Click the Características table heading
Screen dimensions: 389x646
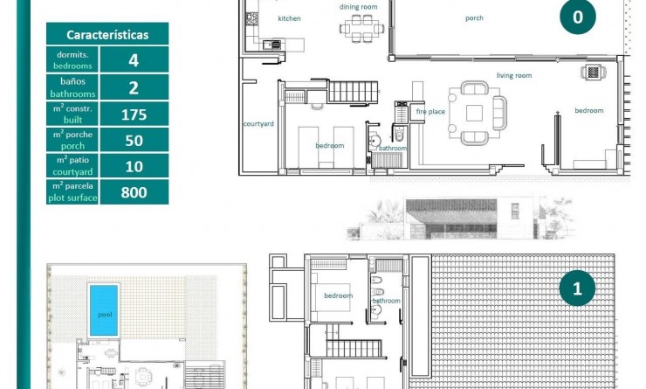(107, 35)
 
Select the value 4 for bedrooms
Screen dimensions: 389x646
(134, 60)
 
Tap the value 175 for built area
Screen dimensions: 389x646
(134, 114)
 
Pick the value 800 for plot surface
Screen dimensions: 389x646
(134, 192)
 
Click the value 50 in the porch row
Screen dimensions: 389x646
(134, 140)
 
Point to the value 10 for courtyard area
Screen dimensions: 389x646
(134, 166)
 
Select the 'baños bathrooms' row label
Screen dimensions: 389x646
(72, 87)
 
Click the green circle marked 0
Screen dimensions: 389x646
(577, 17)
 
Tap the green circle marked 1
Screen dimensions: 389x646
(577, 288)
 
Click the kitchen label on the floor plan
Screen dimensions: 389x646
(289, 18)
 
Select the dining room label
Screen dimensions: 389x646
(358, 7)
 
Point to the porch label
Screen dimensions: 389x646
(474, 17)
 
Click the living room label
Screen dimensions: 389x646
(514, 76)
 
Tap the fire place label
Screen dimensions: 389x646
(430, 112)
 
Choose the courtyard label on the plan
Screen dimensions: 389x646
(258, 124)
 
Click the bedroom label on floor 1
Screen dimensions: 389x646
(338, 295)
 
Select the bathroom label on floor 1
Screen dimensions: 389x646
(387, 301)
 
